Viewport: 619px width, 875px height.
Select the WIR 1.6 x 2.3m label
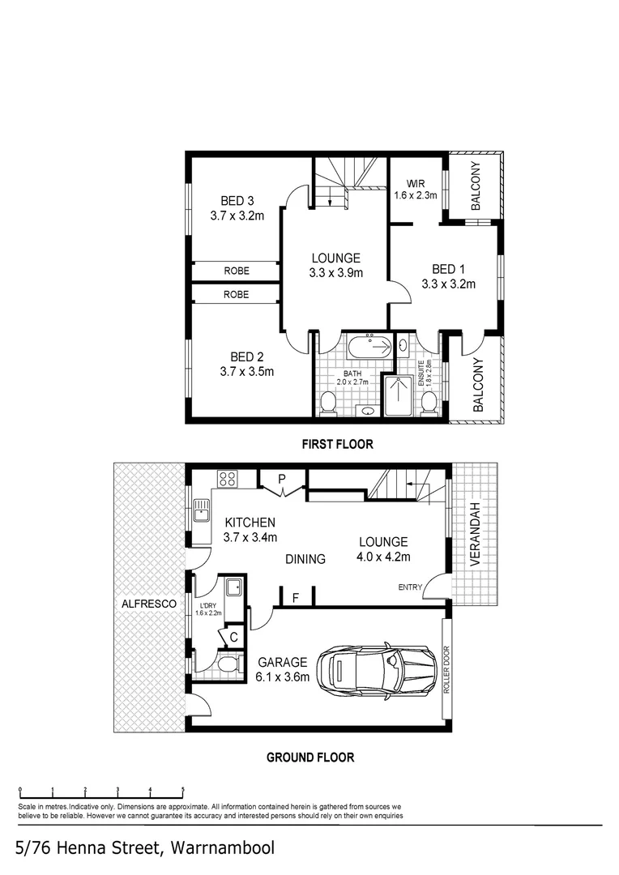click(x=416, y=189)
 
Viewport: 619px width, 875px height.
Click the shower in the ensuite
click(x=398, y=396)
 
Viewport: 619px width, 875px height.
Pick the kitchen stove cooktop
click(x=227, y=478)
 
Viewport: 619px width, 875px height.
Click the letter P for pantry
click(x=282, y=479)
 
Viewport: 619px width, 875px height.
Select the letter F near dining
click(x=296, y=598)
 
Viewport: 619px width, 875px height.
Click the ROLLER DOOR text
click(x=446, y=671)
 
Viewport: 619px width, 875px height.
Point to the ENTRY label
click(x=410, y=587)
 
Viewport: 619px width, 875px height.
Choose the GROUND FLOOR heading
click(x=310, y=758)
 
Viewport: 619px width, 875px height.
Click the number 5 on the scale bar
click(x=183, y=788)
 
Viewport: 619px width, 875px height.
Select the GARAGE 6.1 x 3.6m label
click(x=283, y=670)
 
